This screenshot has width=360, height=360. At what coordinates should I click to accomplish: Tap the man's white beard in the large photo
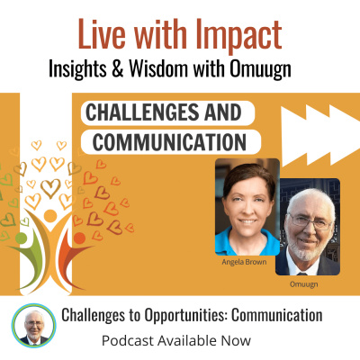click(310, 241)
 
